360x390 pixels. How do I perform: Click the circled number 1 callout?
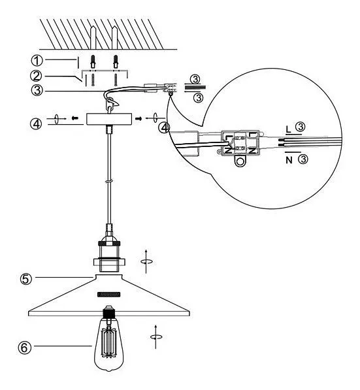[37, 61]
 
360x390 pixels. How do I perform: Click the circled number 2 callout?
[37, 76]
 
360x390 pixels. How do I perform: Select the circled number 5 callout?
[26, 278]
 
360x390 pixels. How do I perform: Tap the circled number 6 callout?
[25, 347]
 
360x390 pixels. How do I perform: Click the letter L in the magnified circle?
[288, 129]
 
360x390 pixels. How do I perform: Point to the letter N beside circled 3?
[289, 159]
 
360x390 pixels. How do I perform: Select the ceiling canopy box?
[109, 119]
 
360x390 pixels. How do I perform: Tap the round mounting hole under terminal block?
[240, 161]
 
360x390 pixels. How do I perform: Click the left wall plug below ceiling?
[93, 61]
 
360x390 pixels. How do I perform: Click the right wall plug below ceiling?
[116, 61]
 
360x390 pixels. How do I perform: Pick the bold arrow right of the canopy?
[139, 119]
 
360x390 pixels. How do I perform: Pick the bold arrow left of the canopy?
[74, 118]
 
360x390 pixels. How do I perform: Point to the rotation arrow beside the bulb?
[155, 337]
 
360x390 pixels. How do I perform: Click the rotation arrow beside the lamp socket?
[146, 261]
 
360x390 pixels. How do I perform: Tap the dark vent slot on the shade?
[109, 294]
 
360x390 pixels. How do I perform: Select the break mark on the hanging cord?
[109, 182]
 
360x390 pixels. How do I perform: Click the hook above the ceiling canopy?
[112, 103]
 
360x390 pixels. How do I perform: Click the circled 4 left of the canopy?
[37, 123]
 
